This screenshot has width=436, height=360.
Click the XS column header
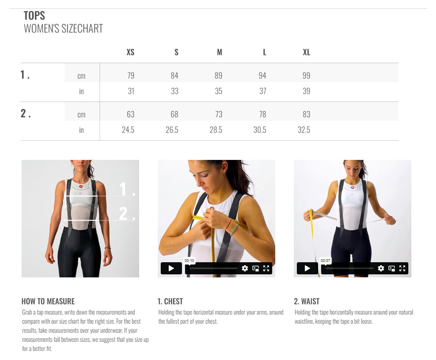[130, 52]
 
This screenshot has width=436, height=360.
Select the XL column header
[306, 52]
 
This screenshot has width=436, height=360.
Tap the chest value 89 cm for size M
[218, 76]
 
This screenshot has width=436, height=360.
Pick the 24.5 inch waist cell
[128, 130]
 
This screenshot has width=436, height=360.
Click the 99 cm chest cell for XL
[306, 76]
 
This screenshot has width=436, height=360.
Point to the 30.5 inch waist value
[260, 130]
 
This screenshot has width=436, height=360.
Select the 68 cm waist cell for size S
[174, 114]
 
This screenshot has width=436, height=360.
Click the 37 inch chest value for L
[262, 91]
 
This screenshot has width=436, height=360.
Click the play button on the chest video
[171, 268]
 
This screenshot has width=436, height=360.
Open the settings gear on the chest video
[245, 268]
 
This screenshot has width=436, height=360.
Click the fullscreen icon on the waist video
[402, 268]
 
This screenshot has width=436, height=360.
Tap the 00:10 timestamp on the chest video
[189, 260]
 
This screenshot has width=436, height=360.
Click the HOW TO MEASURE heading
[48, 301]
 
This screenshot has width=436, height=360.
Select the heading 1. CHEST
[170, 301]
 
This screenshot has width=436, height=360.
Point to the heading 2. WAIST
[307, 301]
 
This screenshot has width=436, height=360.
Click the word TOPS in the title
[34, 16]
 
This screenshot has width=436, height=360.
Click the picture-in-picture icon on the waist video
[392, 268]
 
